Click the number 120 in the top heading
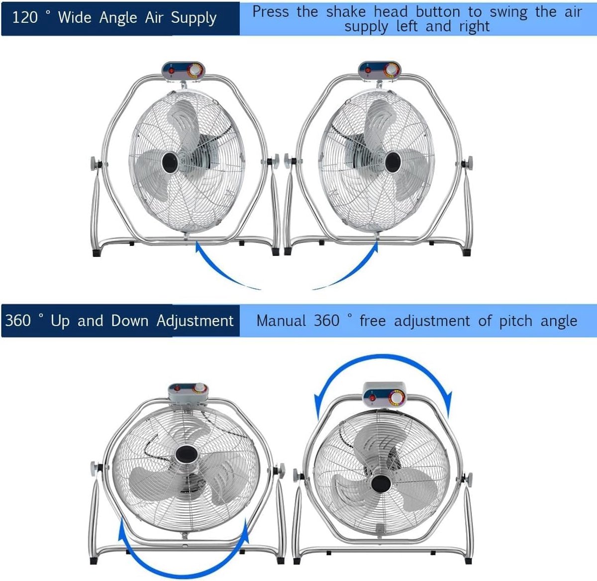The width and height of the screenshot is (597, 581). pyautogui.click(x=25, y=17)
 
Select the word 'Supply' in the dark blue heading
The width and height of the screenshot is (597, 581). pyautogui.click(x=194, y=18)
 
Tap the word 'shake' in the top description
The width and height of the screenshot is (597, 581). pyautogui.click(x=346, y=12)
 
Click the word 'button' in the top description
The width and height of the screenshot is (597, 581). pyautogui.click(x=438, y=12)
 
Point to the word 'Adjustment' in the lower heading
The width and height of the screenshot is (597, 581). pyautogui.click(x=195, y=321)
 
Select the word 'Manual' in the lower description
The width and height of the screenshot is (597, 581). pyautogui.click(x=281, y=321)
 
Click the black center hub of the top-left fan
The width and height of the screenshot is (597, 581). pyautogui.click(x=170, y=163)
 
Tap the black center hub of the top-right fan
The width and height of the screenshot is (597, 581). pyautogui.click(x=393, y=162)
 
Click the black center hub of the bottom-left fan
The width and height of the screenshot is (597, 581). pyautogui.click(x=187, y=455)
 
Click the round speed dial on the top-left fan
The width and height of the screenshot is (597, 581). pyautogui.click(x=195, y=70)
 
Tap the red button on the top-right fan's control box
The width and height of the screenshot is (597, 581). pyautogui.click(x=368, y=70)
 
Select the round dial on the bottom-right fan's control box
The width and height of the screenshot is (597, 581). pyautogui.click(x=397, y=398)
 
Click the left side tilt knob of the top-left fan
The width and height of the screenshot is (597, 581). pyautogui.click(x=94, y=163)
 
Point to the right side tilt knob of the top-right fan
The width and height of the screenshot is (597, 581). pyautogui.click(x=469, y=163)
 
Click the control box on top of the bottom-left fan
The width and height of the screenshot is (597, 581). pyautogui.click(x=188, y=393)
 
